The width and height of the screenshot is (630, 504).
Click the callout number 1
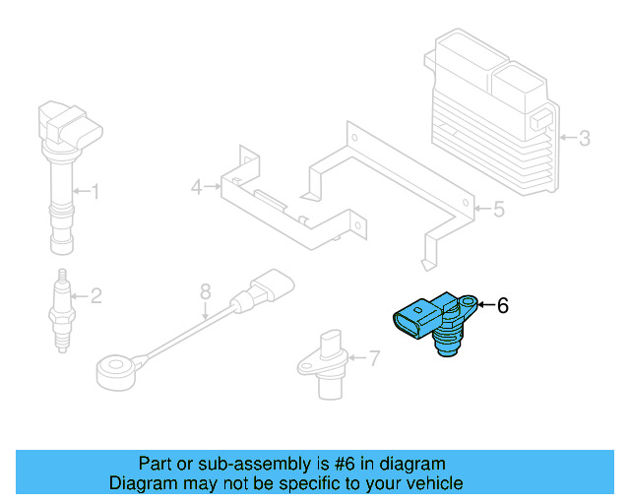(x=95, y=190)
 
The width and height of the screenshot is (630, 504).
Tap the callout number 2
(x=95, y=293)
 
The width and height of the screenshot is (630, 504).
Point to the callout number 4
(x=197, y=186)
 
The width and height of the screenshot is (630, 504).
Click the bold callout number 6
(x=502, y=306)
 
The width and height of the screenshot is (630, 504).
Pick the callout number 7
(x=373, y=358)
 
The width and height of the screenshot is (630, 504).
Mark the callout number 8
(x=205, y=291)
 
